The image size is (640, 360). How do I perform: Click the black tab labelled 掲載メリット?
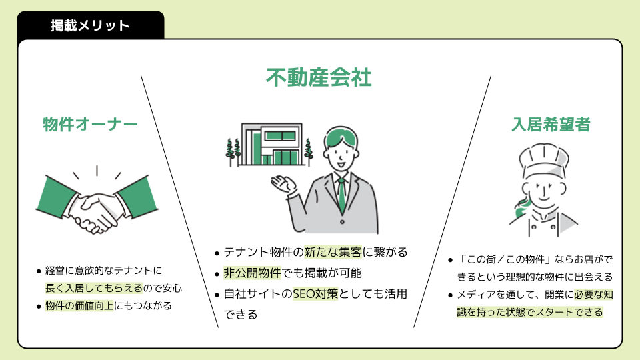[90, 26]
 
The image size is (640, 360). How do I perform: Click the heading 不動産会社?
[319, 77]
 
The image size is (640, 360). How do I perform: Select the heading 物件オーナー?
[90, 125]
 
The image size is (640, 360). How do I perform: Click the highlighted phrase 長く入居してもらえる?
[94, 289]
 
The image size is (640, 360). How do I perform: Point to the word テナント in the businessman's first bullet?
[245, 253]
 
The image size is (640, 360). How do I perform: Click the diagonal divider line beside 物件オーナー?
[180, 200]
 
